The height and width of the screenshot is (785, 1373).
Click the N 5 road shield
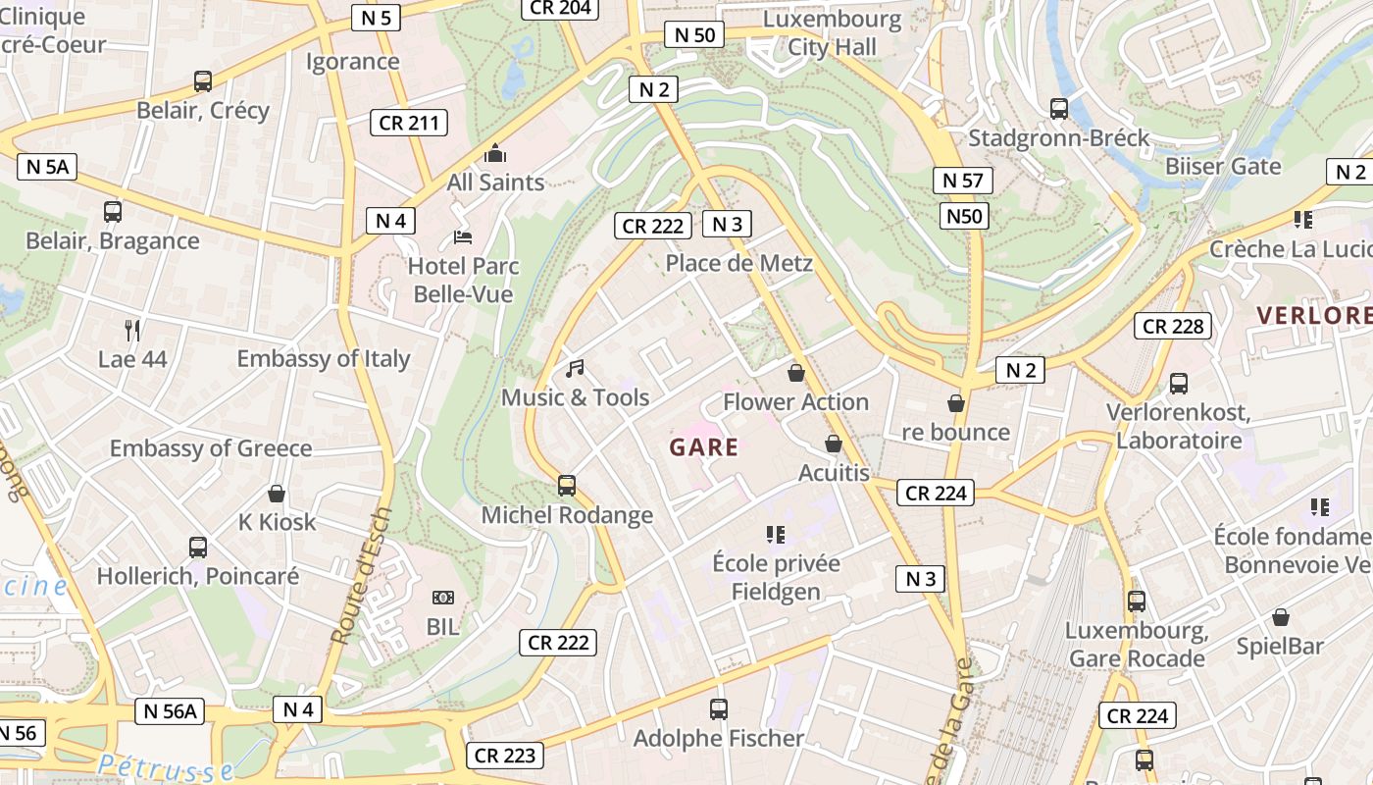pyautogui.click(x=376, y=17)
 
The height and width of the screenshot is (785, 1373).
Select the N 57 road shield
pyautogui.click(x=962, y=181)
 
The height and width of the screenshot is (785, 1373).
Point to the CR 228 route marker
pyautogui.click(x=1173, y=326)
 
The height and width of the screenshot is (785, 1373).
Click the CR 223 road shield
pyautogui.click(x=505, y=756)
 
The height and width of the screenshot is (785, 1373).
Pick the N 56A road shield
pyautogui.click(x=170, y=711)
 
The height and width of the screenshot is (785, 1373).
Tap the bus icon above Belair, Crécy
pyautogui.click(x=203, y=81)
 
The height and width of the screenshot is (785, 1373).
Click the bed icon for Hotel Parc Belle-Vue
pyautogui.click(x=462, y=237)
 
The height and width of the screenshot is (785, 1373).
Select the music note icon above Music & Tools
pyautogui.click(x=575, y=369)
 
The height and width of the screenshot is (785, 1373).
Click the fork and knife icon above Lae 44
pyautogui.click(x=132, y=330)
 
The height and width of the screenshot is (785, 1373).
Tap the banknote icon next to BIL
pyautogui.click(x=442, y=598)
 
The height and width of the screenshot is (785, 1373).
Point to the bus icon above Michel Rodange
pyautogui.click(x=567, y=485)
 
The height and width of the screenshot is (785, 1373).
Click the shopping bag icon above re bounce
pyautogui.click(x=956, y=403)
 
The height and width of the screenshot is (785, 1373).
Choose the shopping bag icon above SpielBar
pyautogui.click(x=1280, y=617)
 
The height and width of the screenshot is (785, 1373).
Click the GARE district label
pyautogui.click(x=703, y=448)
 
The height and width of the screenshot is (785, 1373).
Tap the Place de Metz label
pyautogui.click(x=738, y=263)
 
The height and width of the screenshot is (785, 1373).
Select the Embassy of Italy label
pyautogui.click(x=324, y=358)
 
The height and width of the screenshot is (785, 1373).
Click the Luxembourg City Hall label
pyautogui.click(x=832, y=32)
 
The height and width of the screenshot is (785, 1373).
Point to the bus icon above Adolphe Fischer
pyautogui.click(x=719, y=708)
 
